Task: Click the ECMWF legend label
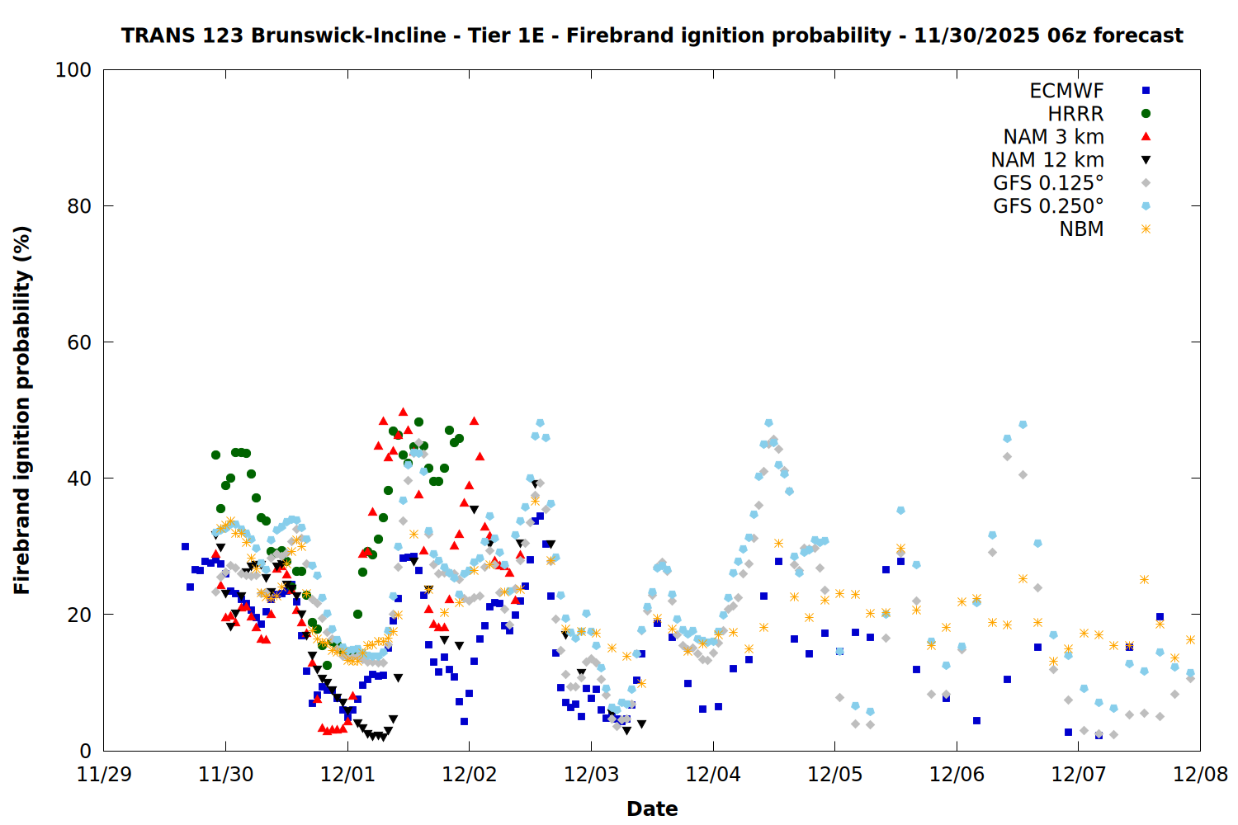point(1066,91)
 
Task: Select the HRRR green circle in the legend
point(1146,114)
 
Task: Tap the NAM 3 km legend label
point(1053,137)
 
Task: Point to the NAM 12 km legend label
point(1047,160)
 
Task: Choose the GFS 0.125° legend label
point(1048,183)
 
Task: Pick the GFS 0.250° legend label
point(1048,206)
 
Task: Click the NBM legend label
point(1081,229)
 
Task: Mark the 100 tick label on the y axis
point(73,70)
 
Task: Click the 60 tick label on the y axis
point(79,342)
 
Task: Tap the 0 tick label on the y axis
point(85,751)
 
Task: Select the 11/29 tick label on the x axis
point(104,775)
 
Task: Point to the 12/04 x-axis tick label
point(713,775)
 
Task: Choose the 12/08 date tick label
point(1200,775)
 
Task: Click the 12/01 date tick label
point(347,775)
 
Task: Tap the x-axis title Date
point(652,808)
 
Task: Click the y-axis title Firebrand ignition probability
point(22,410)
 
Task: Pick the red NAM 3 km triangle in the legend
point(1146,137)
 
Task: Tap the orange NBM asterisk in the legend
point(1146,229)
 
